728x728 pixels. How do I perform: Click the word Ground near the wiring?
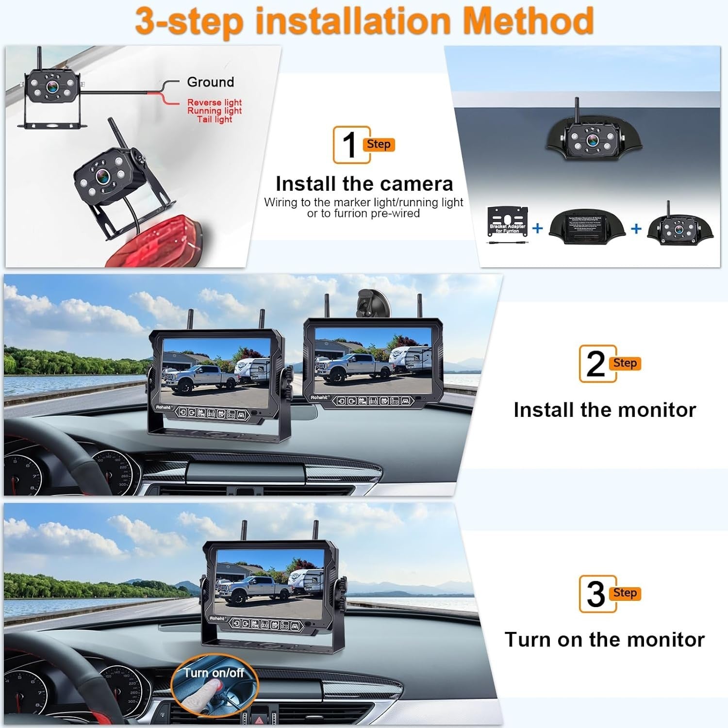point(210,82)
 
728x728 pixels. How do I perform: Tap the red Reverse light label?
point(215,102)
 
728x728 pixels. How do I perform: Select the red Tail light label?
point(215,119)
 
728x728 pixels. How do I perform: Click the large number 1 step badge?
point(350,145)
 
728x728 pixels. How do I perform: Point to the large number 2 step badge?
point(596,364)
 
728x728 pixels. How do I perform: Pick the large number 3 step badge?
point(596,594)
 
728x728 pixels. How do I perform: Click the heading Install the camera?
point(364,184)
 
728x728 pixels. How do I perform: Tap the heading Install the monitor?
point(605,410)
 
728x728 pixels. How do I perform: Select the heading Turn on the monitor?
point(605,640)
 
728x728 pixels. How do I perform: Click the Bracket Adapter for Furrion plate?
point(508,221)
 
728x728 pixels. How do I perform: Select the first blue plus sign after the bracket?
point(537,228)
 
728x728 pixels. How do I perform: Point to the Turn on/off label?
point(214,673)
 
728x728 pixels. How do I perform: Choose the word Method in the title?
point(528,20)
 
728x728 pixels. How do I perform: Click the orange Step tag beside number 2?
point(625,364)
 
